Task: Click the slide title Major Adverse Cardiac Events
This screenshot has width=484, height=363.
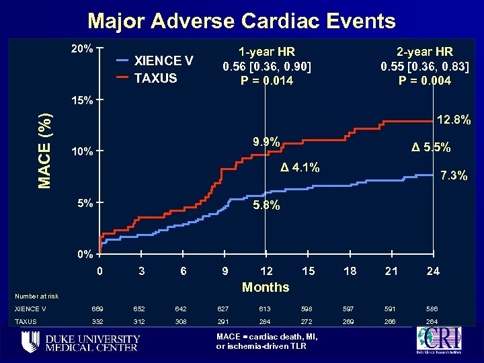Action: tap(241, 21)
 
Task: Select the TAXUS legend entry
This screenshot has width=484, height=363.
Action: tap(155, 77)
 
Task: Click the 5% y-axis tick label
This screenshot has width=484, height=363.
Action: tap(84, 202)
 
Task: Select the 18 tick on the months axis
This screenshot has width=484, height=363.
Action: tap(350, 270)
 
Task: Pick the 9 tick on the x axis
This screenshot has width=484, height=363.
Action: tap(225, 270)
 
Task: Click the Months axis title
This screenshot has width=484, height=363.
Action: tap(266, 287)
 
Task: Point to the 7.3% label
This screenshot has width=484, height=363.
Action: tap(454, 176)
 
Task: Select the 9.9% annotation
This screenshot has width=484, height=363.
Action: tap(266, 143)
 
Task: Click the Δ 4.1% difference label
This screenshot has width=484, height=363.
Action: tap(300, 167)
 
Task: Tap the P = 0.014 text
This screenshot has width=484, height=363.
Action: tap(267, 81)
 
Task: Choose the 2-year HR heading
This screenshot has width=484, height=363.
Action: tap(425, 52)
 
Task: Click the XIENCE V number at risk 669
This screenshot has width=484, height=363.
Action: tap(99, 309)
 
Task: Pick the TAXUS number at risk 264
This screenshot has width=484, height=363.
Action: tap(433, 322)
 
